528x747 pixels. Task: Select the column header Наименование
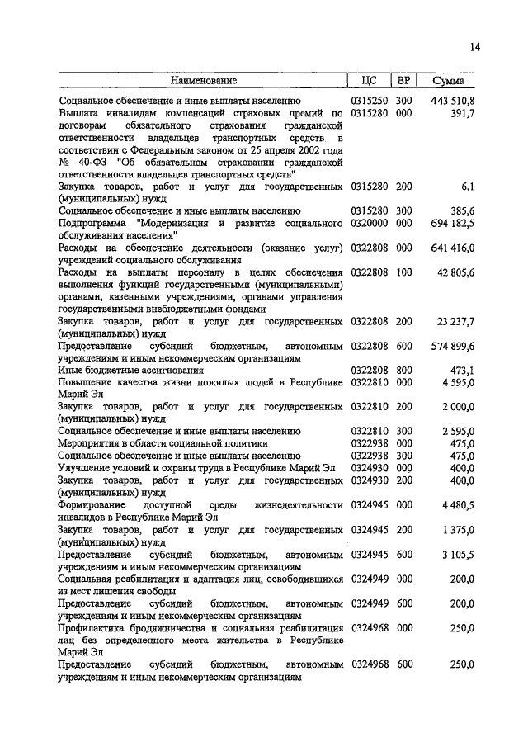coord(204,81)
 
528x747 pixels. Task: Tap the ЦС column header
coord(369,81)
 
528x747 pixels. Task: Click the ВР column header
coord(403,81)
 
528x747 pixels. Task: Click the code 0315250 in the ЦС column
coord(369,100)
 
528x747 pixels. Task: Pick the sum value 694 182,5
coord(453,224)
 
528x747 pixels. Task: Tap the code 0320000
coord(369,224)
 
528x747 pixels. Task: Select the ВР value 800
coord(403,370)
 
